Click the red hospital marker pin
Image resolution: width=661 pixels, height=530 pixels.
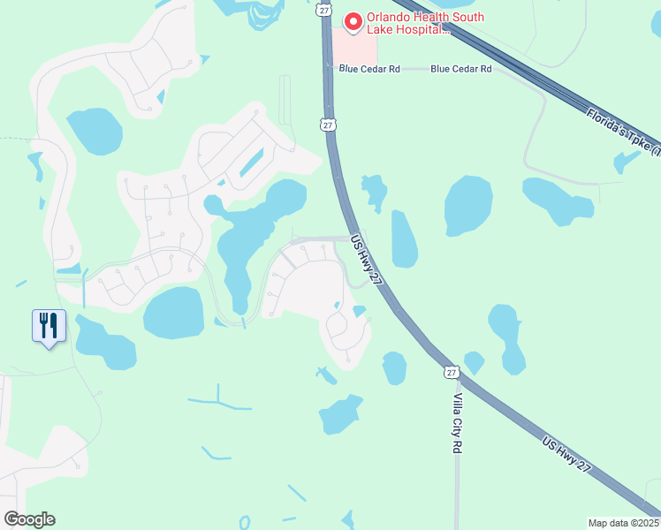coord(353,20)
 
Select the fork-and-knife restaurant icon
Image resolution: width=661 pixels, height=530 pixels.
coord(46,325)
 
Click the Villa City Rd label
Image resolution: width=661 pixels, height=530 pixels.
coord(458,423)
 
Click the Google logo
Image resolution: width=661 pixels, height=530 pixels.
coord(29,519)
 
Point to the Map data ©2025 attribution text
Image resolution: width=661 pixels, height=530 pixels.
coord(624,522)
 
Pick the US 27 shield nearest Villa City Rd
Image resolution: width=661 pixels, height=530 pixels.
coord(452,374)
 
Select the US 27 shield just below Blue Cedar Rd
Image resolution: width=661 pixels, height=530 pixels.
coord(328,125)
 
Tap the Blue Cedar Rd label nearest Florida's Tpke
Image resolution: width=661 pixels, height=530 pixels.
coord(460,68)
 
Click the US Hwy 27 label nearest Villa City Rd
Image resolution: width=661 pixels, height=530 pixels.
coord(566,457)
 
